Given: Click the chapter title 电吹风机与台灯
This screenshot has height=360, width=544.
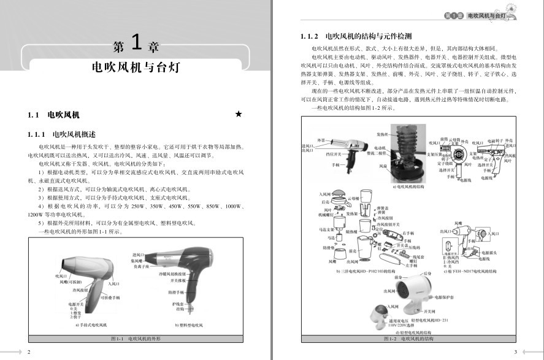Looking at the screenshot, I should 136,67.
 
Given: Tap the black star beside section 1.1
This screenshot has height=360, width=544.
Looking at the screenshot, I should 239,114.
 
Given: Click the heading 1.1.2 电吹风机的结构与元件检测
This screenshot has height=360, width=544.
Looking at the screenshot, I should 352,36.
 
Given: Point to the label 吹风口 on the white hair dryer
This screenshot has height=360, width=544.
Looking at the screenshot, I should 60,276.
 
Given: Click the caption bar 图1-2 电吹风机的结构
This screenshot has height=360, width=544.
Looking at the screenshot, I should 408,339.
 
